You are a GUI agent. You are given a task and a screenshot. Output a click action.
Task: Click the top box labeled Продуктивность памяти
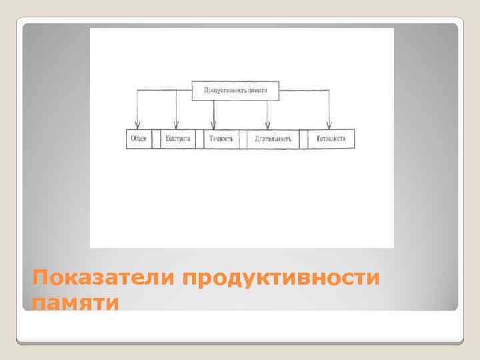pyautogui.click(x=235, y=90)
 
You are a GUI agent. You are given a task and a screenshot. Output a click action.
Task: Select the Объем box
pyautogui.click(x=139, y=139)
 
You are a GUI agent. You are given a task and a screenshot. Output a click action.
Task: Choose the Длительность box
pyautogui.click(x=272, y=139)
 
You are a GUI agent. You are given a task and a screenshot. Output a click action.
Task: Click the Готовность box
pyautogui.click(x=331, y=139)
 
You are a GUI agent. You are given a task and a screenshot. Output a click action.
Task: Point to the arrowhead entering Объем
pyautogui.click(x=137, y=125)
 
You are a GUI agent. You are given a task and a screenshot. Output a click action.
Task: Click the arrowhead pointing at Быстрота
pyautogui.click(x=176, y=125)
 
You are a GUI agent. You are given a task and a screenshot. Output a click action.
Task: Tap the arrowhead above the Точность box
pyautogui.click(x=213, y=125)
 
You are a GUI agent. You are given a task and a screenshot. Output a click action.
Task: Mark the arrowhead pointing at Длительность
pyautogui.click(x=267, y=125)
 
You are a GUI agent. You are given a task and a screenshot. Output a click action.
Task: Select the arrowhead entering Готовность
pyautogui.click(x=329, y=125)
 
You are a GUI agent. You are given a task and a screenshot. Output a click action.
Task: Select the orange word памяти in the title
pyautogui.click(x=75, y=303)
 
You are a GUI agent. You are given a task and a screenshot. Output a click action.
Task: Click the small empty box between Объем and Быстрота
pyautogui.click(x=157, y=139)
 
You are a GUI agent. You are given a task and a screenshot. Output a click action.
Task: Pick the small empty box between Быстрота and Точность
pyautogui.click(x=199, y=139)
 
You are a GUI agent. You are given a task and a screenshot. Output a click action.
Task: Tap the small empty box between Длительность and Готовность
pyautogui.click(x=303, y=139)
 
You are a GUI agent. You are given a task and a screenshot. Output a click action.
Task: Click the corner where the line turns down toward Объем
pyautogui.click(x=137, y=90)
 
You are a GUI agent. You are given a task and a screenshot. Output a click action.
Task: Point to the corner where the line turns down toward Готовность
pyautogui.click(x=329, y=90)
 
